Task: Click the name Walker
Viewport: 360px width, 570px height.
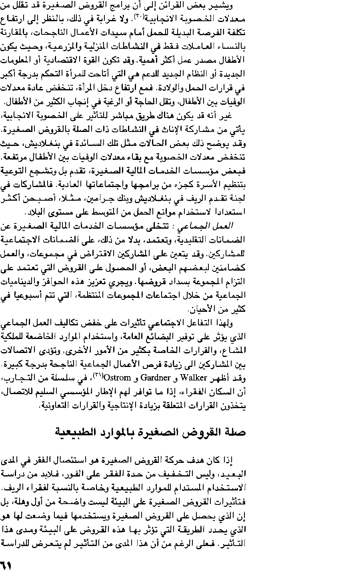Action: (x=194, y=377)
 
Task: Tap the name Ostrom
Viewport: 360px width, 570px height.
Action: (x=116, y=377)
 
